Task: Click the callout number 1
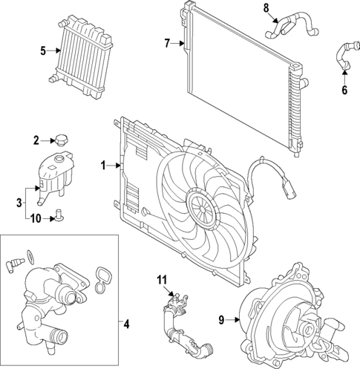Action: pyautogui.click(x=103, y=166)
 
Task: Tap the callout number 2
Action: pyautogui.click(x=36, y=141)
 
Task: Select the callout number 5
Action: pyautogui.click(x=43, y=51)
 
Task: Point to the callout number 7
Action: pyautogui.click(x=167, y=44)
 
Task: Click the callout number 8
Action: pyautogui.click(x=266, y=8)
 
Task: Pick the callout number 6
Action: pyautogui.click(x=344, y=90)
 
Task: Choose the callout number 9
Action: pyautogui.click(x=221, y=320)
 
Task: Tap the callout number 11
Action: pyautogui.click(x=162, y=280)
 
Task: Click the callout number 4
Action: pyautogui.click(x=126, y=324)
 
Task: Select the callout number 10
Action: pyautogui.click(x=36, y=219)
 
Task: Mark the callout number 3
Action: pyautogui.click(x=19, y=203)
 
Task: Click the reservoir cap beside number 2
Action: pyautogui.click(x=62, y=140)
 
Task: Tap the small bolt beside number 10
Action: pyautogui.click(x=59, y=215)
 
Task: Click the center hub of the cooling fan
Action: pyautogui.click(x=203, y=209)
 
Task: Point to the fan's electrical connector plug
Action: pyautogui.click(x=289, y=190)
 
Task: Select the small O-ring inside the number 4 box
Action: pyautogui.click(x=30, y=256)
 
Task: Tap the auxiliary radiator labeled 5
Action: pyautogui.click(x=81, y=56)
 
